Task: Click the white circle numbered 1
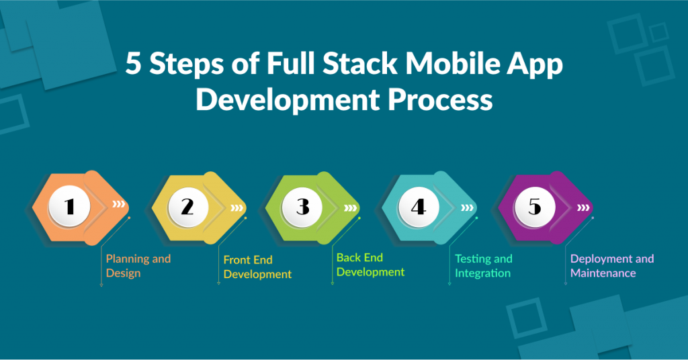[69, 206]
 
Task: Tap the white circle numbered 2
[188, 206]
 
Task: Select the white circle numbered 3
[302, 206]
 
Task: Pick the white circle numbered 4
[419, 206]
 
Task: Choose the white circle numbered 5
[534, 206]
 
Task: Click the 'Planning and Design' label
[138, 266]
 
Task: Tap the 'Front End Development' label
[257, 267]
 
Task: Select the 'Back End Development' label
[370, 265]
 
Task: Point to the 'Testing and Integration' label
[484, 266]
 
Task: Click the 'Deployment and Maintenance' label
[612, 266]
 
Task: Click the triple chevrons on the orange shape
[119, 204]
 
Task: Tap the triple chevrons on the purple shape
[583, 208]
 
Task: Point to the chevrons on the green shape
[350, 208]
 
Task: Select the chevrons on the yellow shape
[237, 208]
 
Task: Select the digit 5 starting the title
[134, 64]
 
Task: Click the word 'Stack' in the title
[360, 64]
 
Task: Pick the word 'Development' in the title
[288, 101]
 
